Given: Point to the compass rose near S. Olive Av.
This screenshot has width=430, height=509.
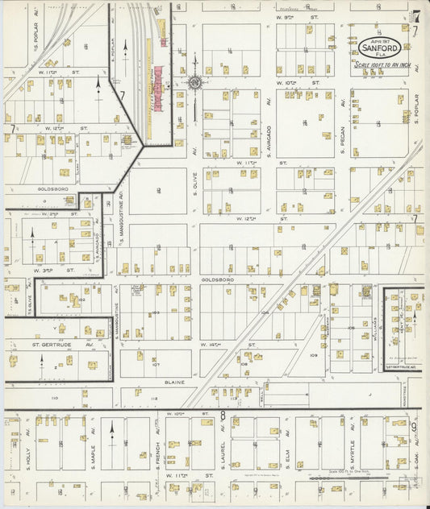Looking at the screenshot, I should pyautogui.click(x=194, y=81).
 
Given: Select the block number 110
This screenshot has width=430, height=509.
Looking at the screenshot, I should pyautogui.click(x=55, y=398).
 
